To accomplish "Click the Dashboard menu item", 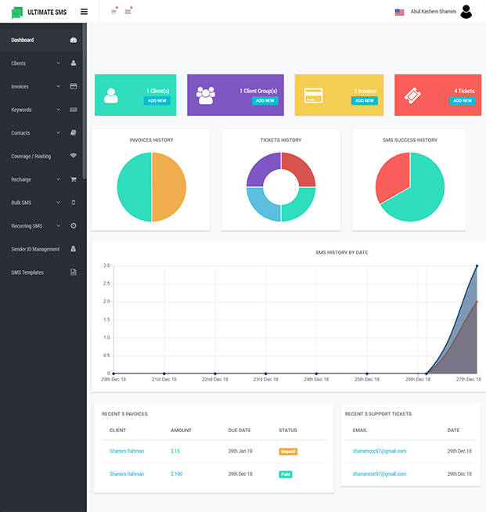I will click(x=23, y=40).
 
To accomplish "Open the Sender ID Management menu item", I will click(x=35, y=249).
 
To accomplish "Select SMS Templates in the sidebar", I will click(x=27, y=272).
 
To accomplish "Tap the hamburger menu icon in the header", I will click(x=84, y=12).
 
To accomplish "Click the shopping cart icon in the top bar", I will click(x=113, y=12).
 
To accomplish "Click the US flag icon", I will click(x=399, y=13).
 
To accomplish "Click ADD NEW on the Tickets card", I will click(x=462, y=101).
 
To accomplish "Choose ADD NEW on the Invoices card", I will click(x=364, y=101).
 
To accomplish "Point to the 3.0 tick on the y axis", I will click(x=106, y=266).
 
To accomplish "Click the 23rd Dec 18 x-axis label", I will click(x=266, y=380).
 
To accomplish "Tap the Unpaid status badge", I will click(x=288, y=451).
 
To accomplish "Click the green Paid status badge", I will click(x=285, y=474).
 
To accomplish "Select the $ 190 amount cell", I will click(x=176, y=474).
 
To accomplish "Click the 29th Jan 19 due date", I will click(x=239, y=451).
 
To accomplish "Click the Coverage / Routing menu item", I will click(x=31, y=156).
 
